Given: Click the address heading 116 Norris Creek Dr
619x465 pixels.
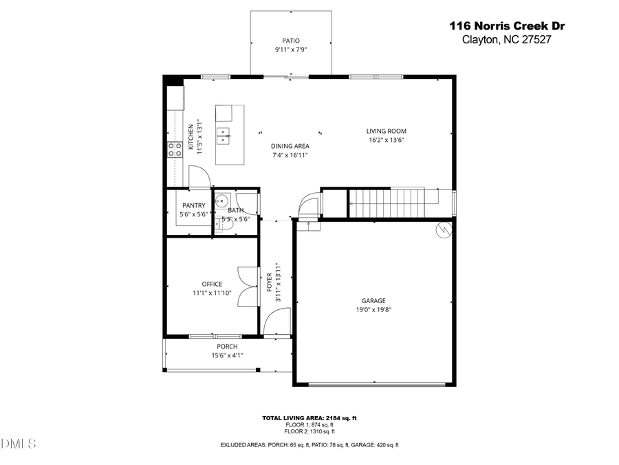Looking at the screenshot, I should (x=508, y=26).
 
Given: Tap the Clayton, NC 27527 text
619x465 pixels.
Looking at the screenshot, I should (x=508, y=39).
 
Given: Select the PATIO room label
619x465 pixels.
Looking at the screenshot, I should (x=291, y=41).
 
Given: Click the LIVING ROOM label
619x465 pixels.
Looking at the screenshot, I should (x=386, y=131).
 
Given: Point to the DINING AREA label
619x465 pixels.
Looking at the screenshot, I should (x=290, y=146).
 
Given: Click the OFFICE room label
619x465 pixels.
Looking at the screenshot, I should (x=212, y=284).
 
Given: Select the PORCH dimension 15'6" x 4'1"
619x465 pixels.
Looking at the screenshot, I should (x=227, y=355).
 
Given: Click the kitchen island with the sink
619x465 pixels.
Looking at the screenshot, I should (x=230, y=134).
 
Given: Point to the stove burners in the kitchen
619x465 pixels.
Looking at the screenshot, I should (x=175, y=150).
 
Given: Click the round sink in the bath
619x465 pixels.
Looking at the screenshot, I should (x=221, y=201).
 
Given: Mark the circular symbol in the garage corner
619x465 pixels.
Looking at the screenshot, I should (x=444, y=230).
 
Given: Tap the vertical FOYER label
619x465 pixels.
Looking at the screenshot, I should (x=270, y=282).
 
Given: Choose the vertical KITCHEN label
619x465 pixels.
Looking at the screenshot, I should (x=191, y=138).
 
